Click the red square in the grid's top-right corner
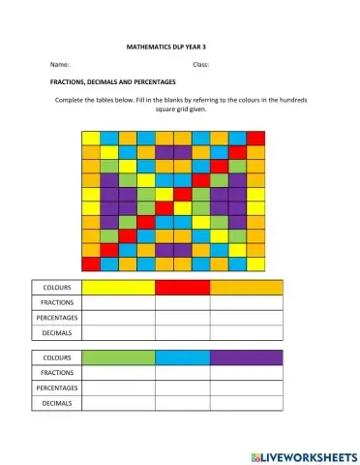(255, 138)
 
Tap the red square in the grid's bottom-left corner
(90, 263)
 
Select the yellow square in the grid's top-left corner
(90, 138)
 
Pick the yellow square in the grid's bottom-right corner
(255, 263)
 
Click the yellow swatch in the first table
(118, 288)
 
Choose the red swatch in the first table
(182, 288)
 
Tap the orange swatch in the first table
(246, 288)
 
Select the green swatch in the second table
(118, 357)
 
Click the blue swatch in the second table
(182, 357)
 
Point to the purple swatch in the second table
(246, 357)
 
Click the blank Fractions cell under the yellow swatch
(118, 302)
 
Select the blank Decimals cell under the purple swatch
(246, 402)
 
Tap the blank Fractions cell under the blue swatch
(182, 372)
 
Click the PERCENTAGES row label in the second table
(57, 387)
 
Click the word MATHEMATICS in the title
(152, 46)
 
